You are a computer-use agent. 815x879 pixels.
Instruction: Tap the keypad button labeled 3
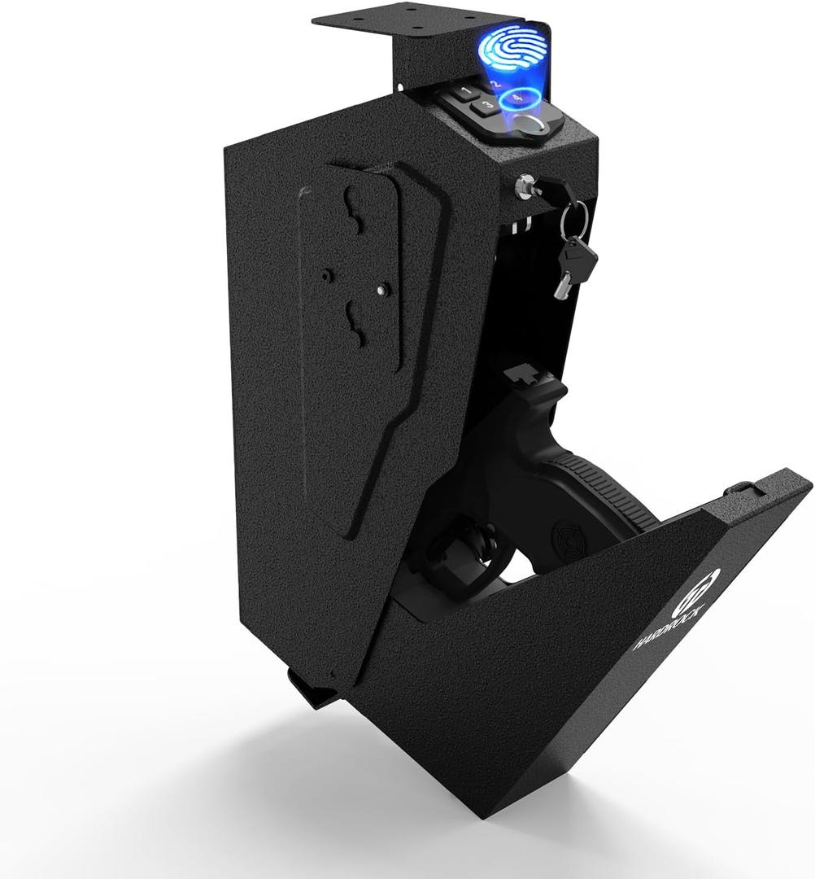(486, 105)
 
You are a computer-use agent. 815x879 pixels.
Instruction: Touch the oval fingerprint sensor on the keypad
(531, 125)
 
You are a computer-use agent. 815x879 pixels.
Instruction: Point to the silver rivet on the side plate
(381, 289)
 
